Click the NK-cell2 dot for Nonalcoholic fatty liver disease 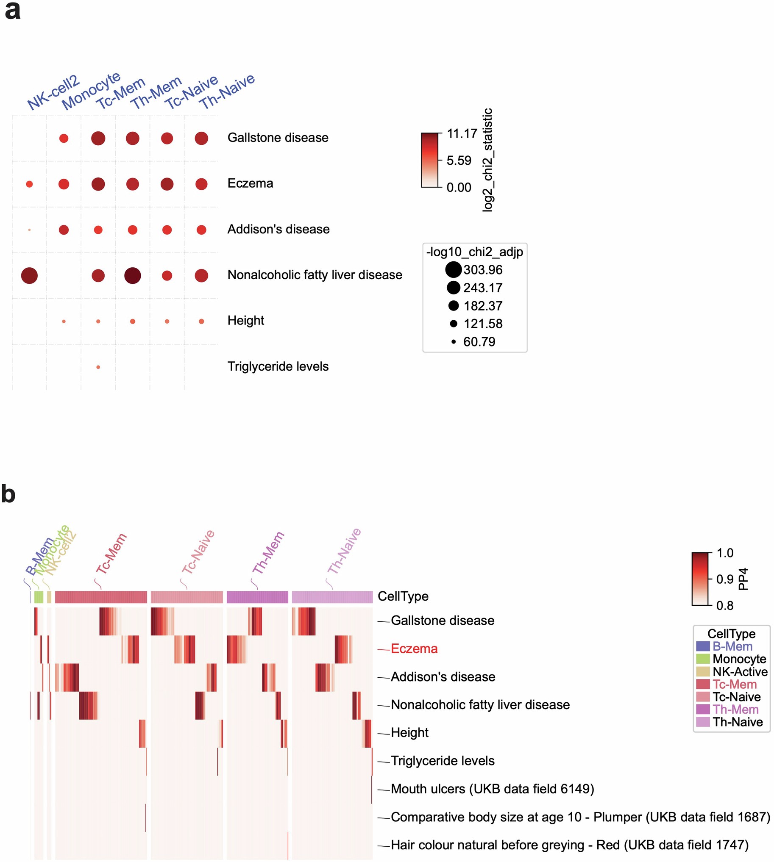point(29,275)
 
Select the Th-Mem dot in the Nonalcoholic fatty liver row point(133,275)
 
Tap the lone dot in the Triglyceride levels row point(98,367)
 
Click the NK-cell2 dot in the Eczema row point(29,184)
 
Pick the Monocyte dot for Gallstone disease point(64,138)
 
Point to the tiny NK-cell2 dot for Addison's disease point(29,230)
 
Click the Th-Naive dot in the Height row point(202,322)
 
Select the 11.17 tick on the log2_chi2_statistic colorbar point(462,134)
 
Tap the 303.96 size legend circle point(454,269)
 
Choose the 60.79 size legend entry point(479,342)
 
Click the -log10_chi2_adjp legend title point(475,252)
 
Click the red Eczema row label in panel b point(414,649)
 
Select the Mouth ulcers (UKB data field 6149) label point(492,789)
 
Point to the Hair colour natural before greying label point(569,845)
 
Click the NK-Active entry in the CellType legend point(740,671)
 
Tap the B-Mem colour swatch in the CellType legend point(703,646)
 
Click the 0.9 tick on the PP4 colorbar point(725,579)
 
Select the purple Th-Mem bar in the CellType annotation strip point(257,597)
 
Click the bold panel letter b point(8,494)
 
